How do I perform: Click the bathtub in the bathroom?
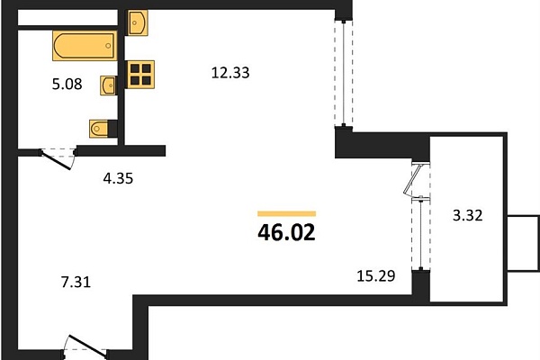[x=85, y=46]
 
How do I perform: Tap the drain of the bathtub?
[x=108, y=46]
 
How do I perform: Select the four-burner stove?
[x=139, y=75]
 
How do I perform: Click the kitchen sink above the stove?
[x=138, y=22]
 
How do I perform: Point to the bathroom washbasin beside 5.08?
[x=109, y=85]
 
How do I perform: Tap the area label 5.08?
[x=67, y=84]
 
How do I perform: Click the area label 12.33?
[x=230, y=73]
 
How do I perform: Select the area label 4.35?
[x=118, y=178]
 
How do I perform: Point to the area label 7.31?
[x=76, y=282]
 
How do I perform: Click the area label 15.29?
[x=375, y=276]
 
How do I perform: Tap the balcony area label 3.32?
[x=468, y=216]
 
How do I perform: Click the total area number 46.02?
[x=286, y=232]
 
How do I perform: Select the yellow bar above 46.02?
[x=286, y=214]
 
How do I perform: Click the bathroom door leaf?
[x=56, y=160]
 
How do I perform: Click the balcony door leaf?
[x=413, y=179]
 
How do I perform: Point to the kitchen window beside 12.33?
[x=344, y=74]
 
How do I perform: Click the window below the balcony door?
[x=421, y=233]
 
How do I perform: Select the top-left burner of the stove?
[x=135, y=68]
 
